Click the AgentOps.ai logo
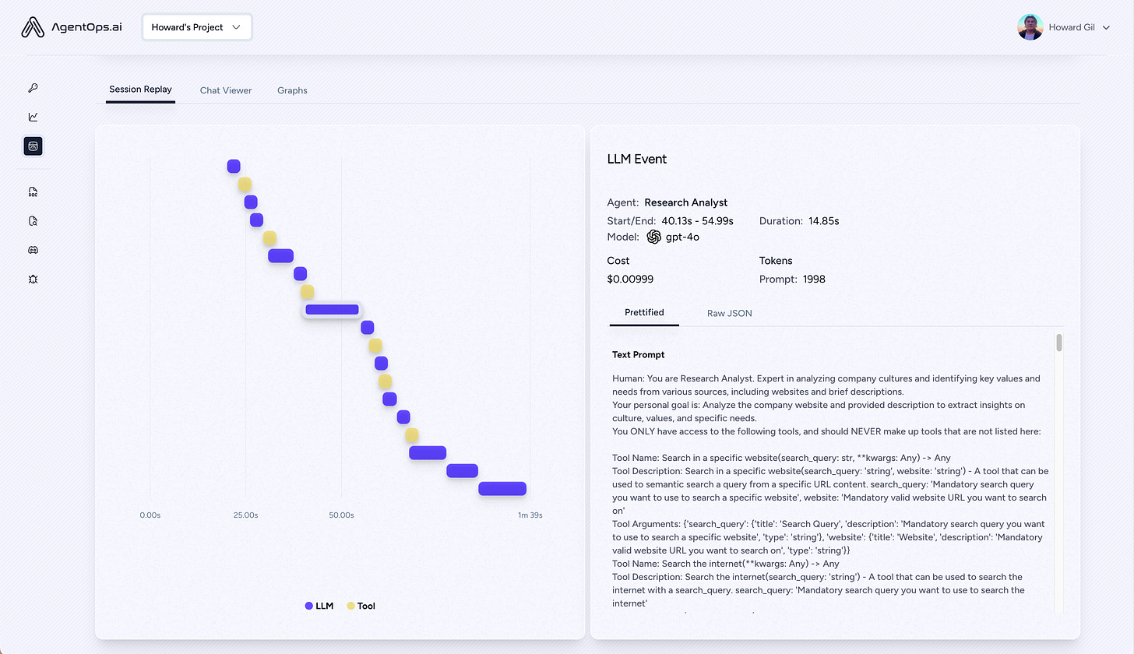72,27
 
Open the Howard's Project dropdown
197,27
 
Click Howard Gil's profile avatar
1030,27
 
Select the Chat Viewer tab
226,90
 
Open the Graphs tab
292,90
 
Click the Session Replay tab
140,90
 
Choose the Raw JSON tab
729,313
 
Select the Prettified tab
644,312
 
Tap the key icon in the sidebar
33,88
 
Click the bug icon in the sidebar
33,279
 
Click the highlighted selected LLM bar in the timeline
332,310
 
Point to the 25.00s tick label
245,515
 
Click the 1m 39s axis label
530,515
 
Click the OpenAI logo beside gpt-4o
653,237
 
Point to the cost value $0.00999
629,279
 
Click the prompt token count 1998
813,279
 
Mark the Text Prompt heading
639,354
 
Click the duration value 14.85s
823,221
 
